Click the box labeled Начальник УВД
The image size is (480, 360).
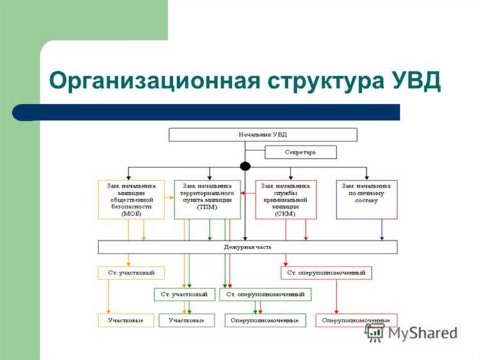(x=263, y=135)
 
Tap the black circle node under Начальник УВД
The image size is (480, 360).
(x=244, y=166)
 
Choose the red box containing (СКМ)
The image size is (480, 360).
(x=285, y=199)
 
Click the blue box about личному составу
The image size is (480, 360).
(x=367, y=199)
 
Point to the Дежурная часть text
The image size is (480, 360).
(x=247, y=247)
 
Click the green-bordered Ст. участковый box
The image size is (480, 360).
(x=184, y=295)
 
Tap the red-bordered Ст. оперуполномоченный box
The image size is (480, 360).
(x=326, y=273)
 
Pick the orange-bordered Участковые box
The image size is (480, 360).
(x=125, y=320)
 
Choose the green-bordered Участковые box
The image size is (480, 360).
(x=187, y=320)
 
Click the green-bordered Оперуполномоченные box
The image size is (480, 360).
(x=265, y=320)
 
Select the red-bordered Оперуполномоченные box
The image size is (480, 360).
(x=356, y=320)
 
